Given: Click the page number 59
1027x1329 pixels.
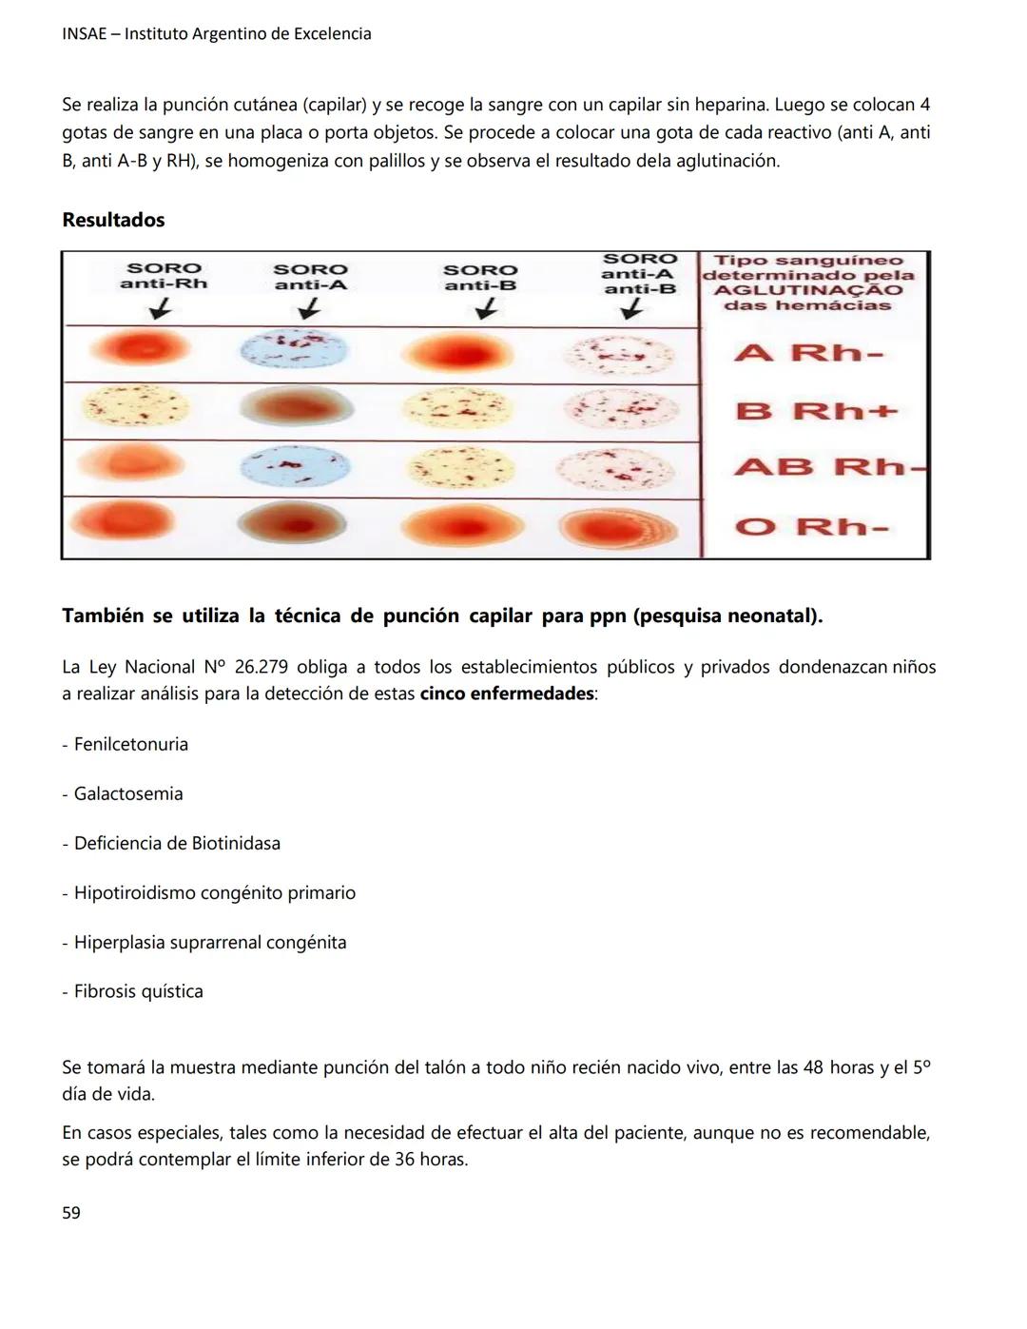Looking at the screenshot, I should (x=71, y=1213).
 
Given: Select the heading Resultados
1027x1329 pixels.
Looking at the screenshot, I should (x=113, y=220).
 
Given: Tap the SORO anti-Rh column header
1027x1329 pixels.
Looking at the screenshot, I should (x=164, y=276).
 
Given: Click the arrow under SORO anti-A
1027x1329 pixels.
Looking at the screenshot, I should (x=309, y=308).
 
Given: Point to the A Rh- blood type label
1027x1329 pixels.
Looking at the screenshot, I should (x=809, y=353).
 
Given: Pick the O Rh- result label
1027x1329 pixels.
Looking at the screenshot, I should (x=811, y=526).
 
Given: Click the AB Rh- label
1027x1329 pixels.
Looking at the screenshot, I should (x=827, y=467).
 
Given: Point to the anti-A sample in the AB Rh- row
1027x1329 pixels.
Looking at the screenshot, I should (x=295, y=467).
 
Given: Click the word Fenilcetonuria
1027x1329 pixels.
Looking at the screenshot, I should (x=131, y=744).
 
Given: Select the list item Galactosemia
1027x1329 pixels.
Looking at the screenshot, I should (x=128, y=793).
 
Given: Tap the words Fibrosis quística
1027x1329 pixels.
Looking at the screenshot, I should (x=139, y=991).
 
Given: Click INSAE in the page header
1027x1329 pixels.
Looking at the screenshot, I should (x=84, y=34).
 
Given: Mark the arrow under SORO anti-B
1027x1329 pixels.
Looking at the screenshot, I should (x=485, y=308).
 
